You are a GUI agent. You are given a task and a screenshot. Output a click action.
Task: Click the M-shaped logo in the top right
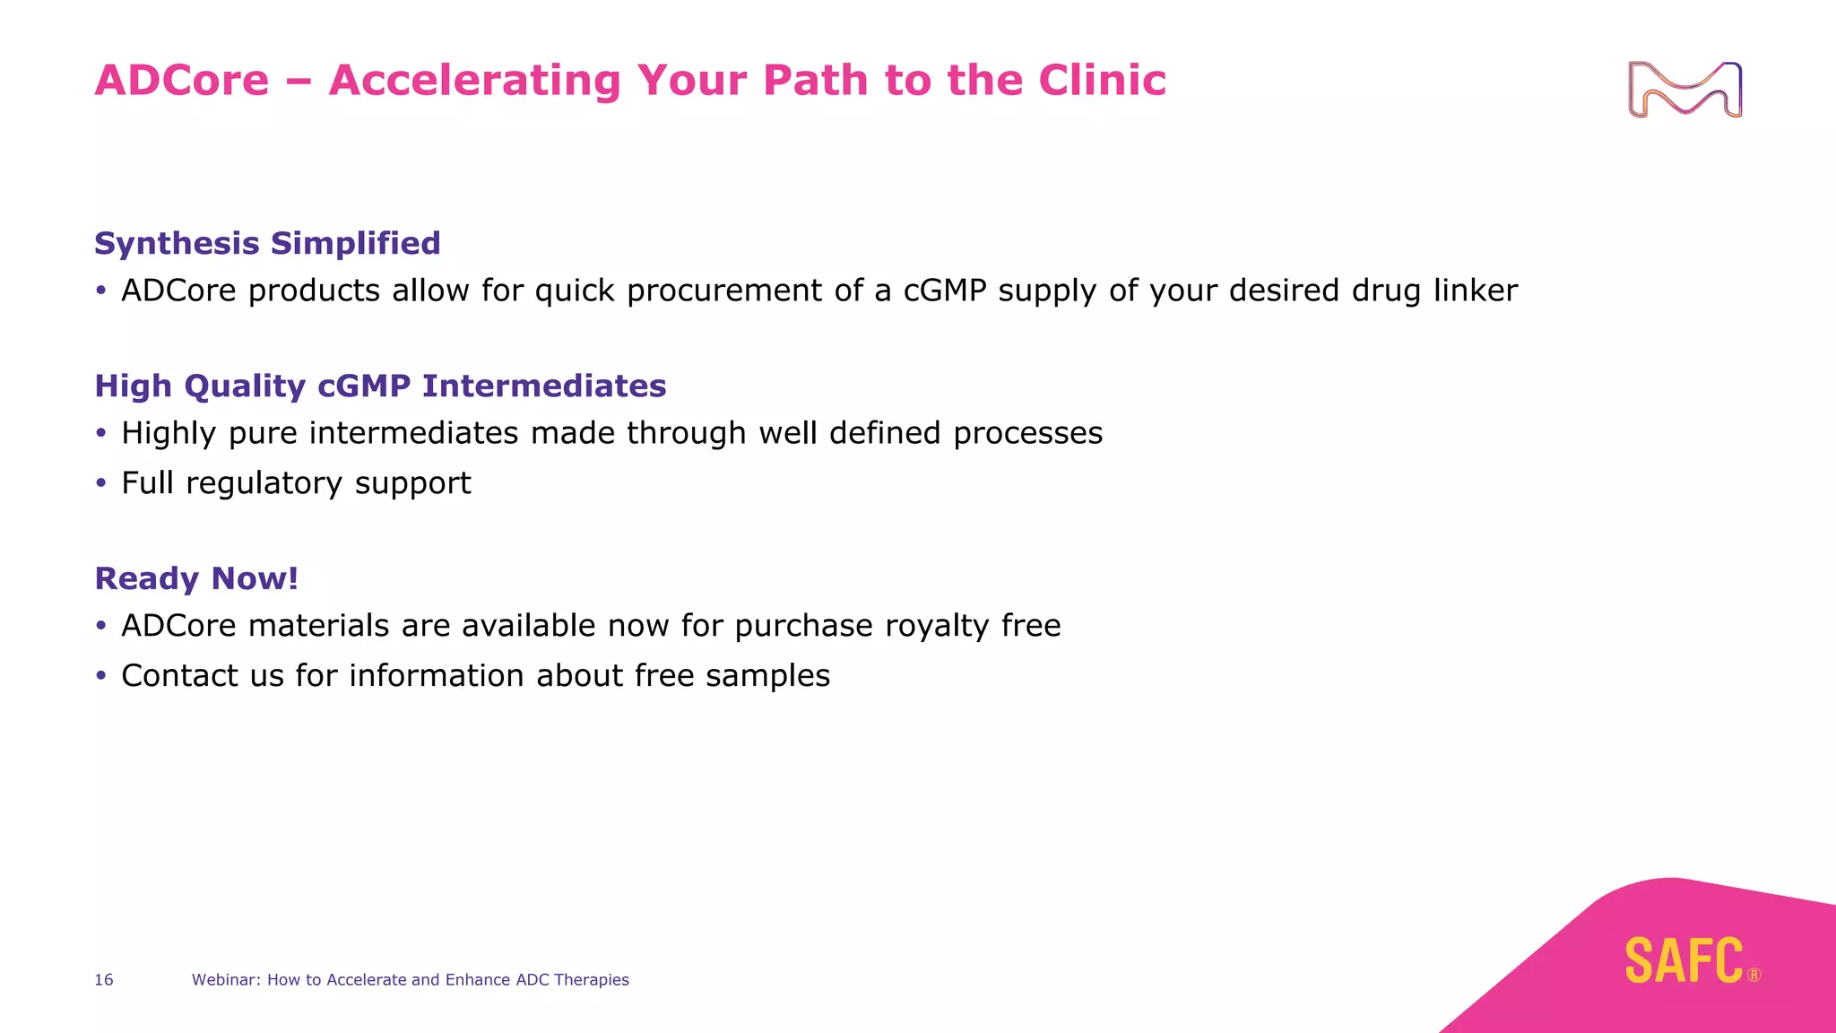click(1684, 90)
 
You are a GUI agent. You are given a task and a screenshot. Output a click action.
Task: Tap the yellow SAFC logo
click(1684, 960)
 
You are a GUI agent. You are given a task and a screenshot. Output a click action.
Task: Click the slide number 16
click(104, 980)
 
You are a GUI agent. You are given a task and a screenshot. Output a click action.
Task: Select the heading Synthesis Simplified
click(267, 243)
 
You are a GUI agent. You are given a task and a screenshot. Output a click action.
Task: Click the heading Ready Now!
click(196, 578)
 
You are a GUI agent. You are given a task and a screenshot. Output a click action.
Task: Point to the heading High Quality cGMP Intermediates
click(380, 386)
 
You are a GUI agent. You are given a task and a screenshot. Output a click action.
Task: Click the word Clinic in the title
click(1102, 80)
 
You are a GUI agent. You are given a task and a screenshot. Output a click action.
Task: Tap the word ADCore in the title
click(182, 80)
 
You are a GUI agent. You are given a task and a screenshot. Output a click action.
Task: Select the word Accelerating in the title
click(474, 80)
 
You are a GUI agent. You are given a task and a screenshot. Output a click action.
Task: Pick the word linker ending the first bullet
click(1475, 291)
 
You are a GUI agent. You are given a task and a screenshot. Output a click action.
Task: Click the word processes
click(1027, 434)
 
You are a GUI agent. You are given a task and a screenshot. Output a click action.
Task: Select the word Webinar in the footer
click(226, 980)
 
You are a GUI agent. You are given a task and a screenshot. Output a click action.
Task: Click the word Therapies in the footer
click(591, 980)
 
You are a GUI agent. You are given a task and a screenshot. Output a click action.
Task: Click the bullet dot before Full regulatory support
click(101, 484)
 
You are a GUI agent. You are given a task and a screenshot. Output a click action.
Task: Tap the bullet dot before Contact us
click(101, 676)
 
